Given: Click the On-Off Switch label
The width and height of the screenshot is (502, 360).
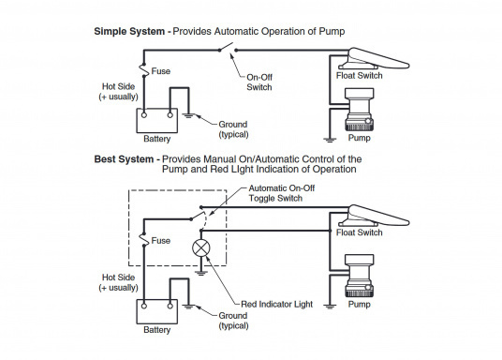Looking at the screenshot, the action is click(x=259, y=82).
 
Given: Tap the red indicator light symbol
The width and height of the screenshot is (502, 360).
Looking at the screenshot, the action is click(x=201, y=247).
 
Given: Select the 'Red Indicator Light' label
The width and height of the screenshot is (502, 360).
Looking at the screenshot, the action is click(x=276, y=305).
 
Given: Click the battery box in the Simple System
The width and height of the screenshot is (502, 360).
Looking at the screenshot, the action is click(x=157, y=121).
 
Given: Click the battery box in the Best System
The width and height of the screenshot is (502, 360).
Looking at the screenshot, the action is click(x=157, y=311).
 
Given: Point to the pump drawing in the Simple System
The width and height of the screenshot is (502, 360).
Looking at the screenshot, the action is click(x=359, y=110).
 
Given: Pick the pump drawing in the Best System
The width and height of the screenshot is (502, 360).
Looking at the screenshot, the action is click(x=359, y=276).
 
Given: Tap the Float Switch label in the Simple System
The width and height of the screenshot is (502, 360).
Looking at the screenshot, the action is click(x=360, y=76).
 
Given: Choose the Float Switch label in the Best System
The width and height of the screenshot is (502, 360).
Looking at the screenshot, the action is click(x=360, y=232).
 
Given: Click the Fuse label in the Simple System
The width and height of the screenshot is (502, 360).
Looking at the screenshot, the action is click(x=161, y=71).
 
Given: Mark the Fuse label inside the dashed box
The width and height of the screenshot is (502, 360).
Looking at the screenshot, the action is click(x=161, y=240).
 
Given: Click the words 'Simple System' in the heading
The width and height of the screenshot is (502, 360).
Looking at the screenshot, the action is click(x=129, y=32).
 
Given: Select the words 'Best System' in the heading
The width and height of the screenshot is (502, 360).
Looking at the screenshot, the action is click(x=124, y=159).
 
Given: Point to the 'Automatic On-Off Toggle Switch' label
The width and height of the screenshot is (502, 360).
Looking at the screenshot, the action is click(x=282, y=193).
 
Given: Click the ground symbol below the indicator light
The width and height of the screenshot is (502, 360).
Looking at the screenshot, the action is click(x=200, y=273).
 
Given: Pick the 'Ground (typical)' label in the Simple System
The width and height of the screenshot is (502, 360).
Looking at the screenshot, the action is click(x=233, y=129).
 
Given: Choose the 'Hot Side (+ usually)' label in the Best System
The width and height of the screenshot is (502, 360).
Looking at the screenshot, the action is click(x=118, y=282).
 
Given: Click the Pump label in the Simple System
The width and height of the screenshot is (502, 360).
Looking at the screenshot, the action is click(x=360, y=138).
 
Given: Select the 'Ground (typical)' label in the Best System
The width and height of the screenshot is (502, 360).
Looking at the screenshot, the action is click(x=233, y=321).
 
